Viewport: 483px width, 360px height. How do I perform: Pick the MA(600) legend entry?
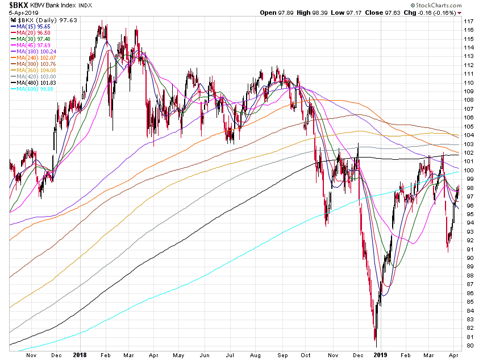[35, 89]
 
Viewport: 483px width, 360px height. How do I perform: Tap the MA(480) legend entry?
[35, 82]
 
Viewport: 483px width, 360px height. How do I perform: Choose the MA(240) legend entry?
[35, 57]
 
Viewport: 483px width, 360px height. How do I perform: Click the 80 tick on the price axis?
[468, 345]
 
